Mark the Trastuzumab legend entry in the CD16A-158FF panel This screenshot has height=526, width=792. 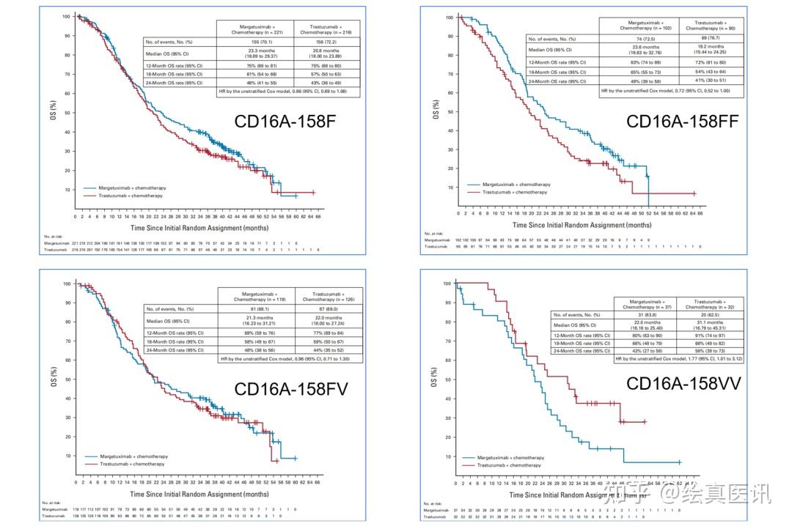point(513,192)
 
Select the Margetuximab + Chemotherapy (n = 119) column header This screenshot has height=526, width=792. point(255,296)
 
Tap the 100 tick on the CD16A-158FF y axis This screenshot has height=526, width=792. point(447,17)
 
